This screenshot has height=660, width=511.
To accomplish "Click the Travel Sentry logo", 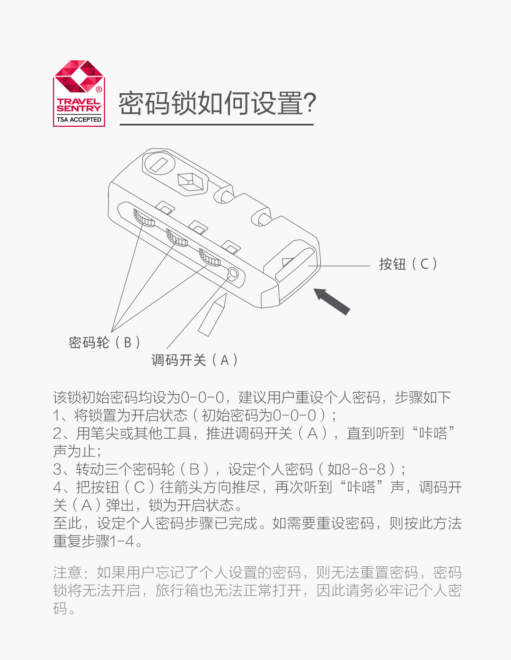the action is (79, 93).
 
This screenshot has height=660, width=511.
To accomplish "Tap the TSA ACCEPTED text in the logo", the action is (79, 120).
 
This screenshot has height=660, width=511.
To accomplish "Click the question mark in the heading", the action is (309, 103).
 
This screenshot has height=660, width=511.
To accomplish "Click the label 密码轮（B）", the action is (104, 342).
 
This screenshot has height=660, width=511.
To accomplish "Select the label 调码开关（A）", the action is (194, 360).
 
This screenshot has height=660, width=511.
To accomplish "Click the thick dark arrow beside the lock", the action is (331, 301).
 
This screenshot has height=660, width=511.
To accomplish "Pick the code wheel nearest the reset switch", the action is (210, 257).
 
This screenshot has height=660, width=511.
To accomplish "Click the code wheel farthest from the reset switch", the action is (144, 218).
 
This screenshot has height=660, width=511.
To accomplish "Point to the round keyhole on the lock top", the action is (159, 164).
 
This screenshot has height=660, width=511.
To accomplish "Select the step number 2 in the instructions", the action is (57, 433).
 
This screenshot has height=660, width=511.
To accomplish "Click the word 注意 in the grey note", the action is (67, 572).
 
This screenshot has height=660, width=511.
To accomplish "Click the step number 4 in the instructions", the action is (58, 487).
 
